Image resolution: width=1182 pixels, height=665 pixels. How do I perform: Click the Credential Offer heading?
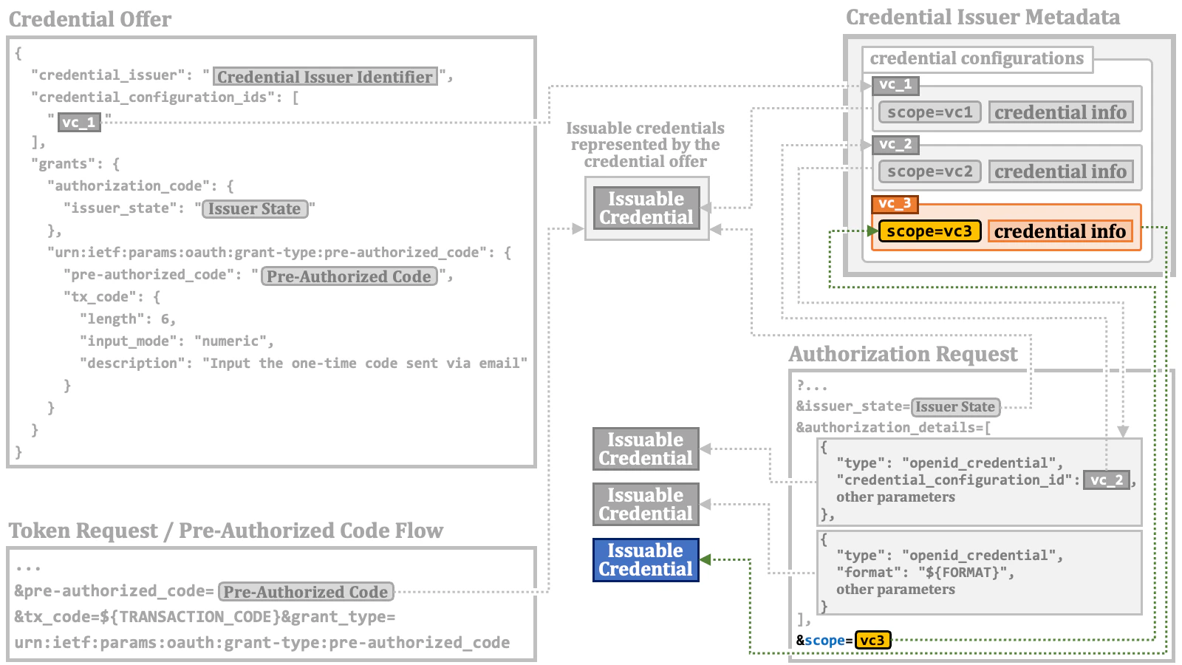pos(90,19)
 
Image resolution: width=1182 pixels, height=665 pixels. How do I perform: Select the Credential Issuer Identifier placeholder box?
pos(325,77)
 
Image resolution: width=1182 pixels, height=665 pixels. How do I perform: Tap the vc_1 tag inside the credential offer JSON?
pos(79,123)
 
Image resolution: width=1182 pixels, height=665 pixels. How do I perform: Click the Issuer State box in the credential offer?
pos(254,209)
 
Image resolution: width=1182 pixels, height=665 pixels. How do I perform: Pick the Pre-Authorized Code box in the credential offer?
pos(349,276)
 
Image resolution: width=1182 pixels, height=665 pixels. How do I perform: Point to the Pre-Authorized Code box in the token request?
pos(306,592)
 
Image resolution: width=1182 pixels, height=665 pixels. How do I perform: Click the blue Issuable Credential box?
pos(646,560)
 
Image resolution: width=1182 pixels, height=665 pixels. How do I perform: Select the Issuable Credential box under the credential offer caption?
pos(646,208)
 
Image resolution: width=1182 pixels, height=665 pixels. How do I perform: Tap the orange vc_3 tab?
pos(895,203)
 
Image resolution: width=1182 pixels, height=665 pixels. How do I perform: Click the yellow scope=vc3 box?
pos(929,231)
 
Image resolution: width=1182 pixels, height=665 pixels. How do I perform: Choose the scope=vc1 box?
pos(929,112)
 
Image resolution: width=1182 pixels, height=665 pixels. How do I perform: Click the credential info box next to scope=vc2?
pos(1060,171)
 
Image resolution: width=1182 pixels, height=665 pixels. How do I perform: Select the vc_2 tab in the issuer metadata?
pos(895,144)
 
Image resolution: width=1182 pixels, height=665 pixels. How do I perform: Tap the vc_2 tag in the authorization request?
pos(1106,480)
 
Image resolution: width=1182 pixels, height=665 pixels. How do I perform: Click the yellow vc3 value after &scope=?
pos(872,640)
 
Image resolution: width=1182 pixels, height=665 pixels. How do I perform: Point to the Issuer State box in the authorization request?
pos(955,407)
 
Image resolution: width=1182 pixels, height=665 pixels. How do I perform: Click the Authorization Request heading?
pos(903,355)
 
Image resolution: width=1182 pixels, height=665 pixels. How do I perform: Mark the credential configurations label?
pos(977,58)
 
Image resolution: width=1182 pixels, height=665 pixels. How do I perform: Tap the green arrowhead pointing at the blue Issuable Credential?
pos(706,559)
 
